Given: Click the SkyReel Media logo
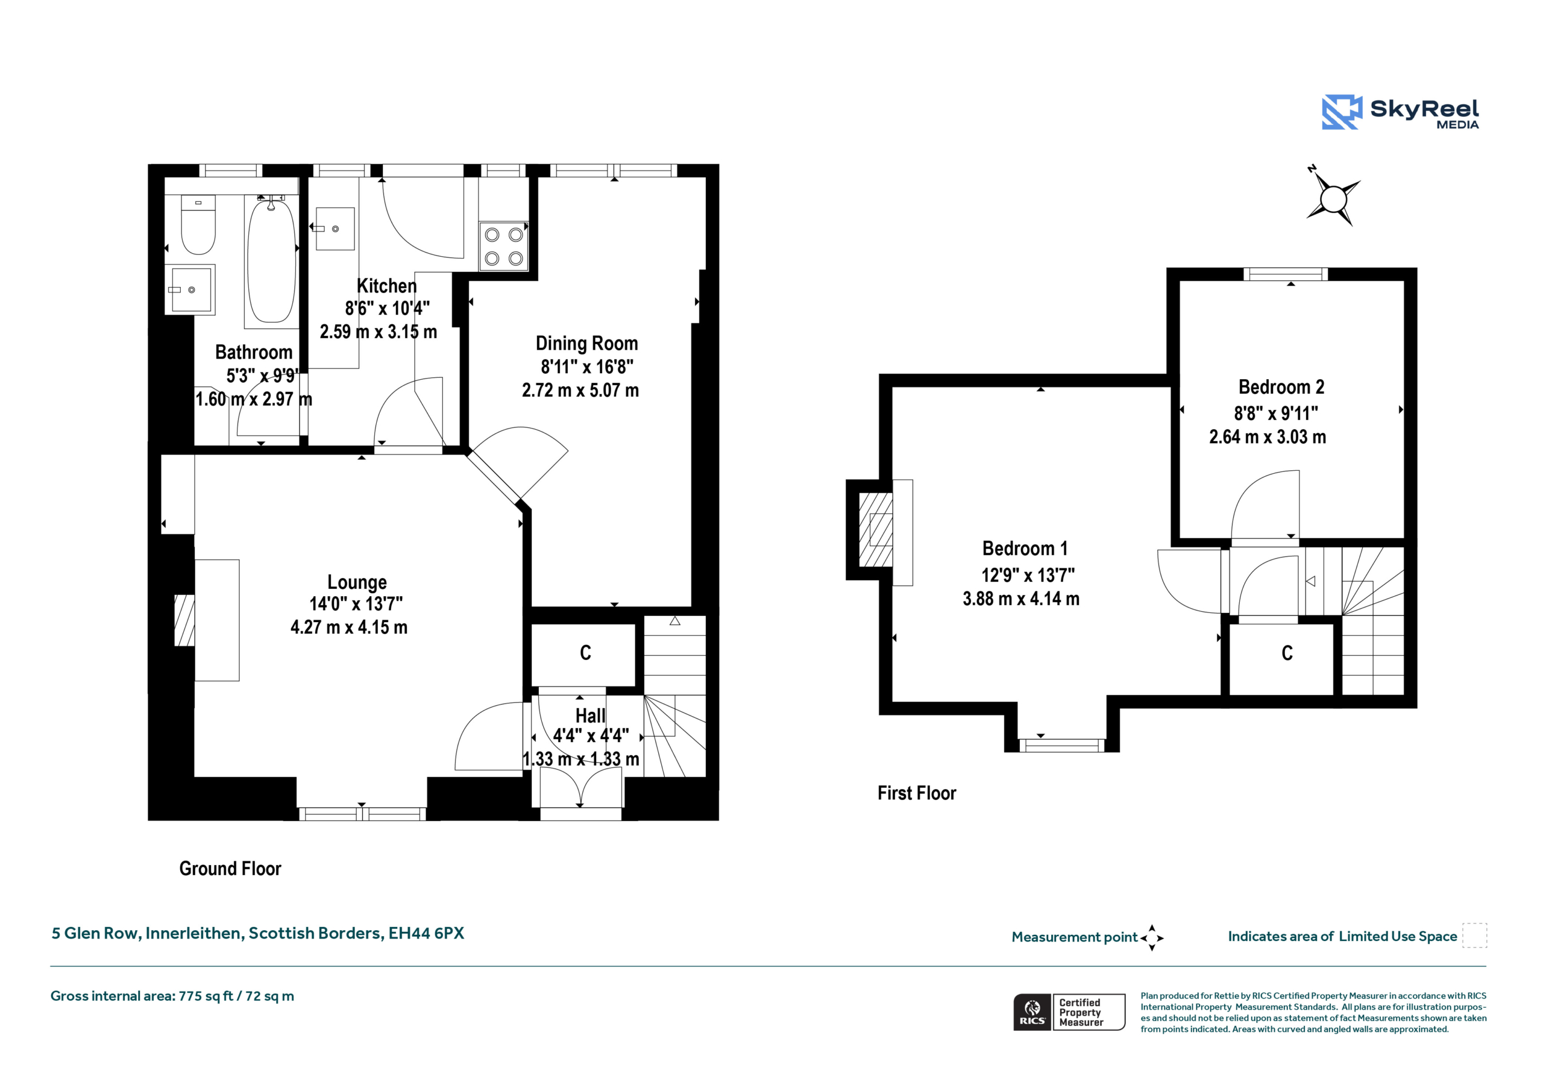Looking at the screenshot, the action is pos(1400,112).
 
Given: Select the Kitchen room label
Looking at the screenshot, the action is pos(386,286).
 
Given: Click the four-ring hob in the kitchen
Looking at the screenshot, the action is pos(503,246).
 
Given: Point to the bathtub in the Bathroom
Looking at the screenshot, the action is pos(271,261).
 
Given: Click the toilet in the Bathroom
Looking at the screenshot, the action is pos(198,224).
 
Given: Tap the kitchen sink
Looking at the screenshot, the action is pos(335,228).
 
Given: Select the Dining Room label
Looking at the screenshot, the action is pos(586,344).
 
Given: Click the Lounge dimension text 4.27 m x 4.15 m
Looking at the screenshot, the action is pos(349,627).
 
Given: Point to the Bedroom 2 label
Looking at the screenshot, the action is pos(1281,387).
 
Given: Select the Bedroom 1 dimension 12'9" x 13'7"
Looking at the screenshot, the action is pos(1028,576).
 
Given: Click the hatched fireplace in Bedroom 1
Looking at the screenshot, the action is pos(876,530).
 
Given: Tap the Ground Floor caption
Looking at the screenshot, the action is pos(230,869).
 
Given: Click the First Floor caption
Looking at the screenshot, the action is pos(917,793).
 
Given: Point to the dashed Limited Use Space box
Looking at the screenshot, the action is pos(1474,935).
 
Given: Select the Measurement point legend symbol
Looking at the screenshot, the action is pos(1151,938).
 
